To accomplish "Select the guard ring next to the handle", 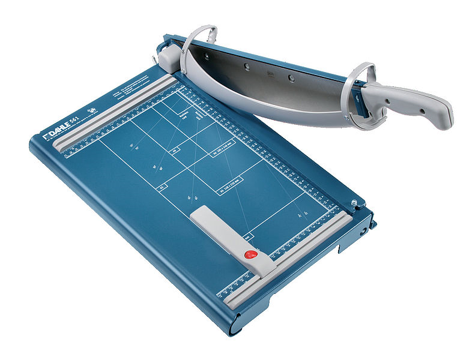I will (360, 96).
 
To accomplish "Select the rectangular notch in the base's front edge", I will (348, 246).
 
